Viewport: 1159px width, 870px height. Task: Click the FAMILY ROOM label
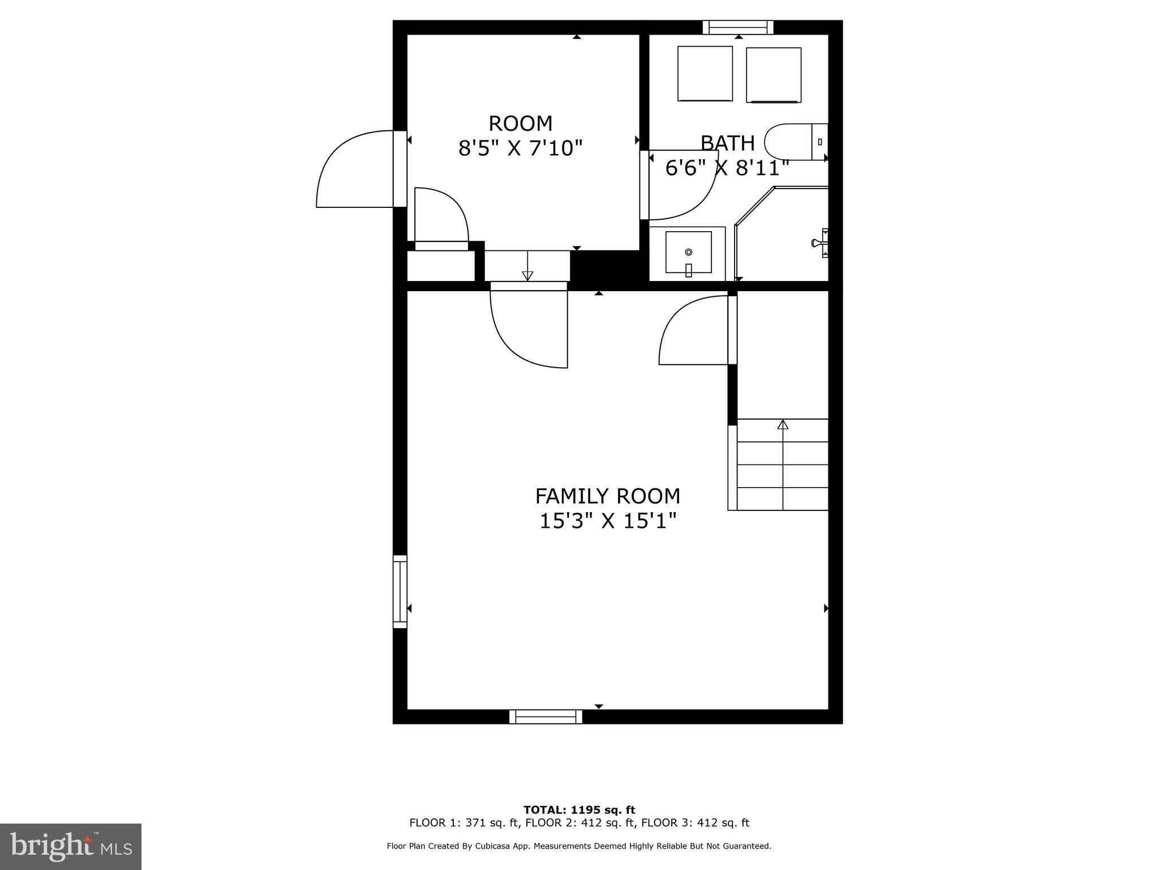(x=607, y=496)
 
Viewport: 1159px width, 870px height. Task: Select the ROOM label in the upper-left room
(x=520, y=123)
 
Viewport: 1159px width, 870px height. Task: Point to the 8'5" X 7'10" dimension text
(x=520, y=148)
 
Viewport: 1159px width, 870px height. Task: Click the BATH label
(x=727, y=143)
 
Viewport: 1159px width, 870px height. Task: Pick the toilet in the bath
(x=795, y=142)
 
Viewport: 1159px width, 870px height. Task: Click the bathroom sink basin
(x=688, y=252)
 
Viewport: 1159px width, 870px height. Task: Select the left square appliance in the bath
(x=705, y=74)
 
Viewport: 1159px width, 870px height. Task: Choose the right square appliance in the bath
(x=774, y=75)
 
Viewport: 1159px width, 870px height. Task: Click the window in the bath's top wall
(x=738, y=27)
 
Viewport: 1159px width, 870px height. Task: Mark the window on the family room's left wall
(x=400, y=591)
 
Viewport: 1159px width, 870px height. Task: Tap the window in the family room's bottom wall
(x=546, y=717)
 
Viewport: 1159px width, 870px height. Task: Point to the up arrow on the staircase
(x=783, y=424)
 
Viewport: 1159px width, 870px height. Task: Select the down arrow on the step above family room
(x=527, y=275)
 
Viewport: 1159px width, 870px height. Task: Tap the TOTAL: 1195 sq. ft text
(x=579, y=810)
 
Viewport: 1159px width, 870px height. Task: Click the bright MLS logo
(x=71, y=846)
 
